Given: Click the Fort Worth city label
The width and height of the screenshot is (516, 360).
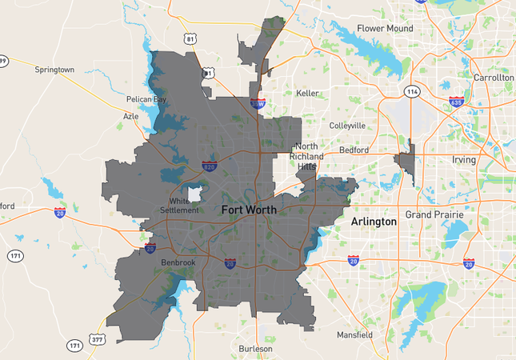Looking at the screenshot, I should (249, 210).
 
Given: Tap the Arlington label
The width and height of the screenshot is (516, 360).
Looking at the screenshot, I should (374, 222).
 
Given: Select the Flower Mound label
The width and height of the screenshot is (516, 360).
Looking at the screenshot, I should (385, 29).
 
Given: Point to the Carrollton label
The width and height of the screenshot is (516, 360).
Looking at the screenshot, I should (493, 78).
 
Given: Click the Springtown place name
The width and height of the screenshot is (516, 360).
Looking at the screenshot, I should (54, 70).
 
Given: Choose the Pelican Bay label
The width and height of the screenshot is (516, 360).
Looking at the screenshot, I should (146, 100).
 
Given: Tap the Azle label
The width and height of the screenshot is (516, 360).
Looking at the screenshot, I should (130, 116).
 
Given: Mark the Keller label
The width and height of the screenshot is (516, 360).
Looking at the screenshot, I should (307, 94).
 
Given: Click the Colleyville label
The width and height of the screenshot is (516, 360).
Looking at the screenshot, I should (347, 126).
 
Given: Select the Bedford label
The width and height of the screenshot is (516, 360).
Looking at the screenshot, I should (354, 150).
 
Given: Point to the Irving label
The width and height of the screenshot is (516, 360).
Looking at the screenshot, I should (463, 160).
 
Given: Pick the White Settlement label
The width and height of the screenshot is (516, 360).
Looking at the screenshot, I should (184, 206).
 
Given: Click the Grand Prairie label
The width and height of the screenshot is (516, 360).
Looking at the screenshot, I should (434, 215).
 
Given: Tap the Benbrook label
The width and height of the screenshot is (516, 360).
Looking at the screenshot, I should (178, 262).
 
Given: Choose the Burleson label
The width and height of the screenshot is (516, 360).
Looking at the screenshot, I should (255, 349).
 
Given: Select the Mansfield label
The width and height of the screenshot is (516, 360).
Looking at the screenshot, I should (354, 334).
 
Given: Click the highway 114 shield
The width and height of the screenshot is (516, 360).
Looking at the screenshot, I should (411, 91).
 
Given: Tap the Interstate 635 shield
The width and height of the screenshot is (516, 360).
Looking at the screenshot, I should (456, 102).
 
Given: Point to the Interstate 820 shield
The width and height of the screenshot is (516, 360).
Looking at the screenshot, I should (209, 166).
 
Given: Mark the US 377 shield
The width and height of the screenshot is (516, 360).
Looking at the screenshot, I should (97, 339).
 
